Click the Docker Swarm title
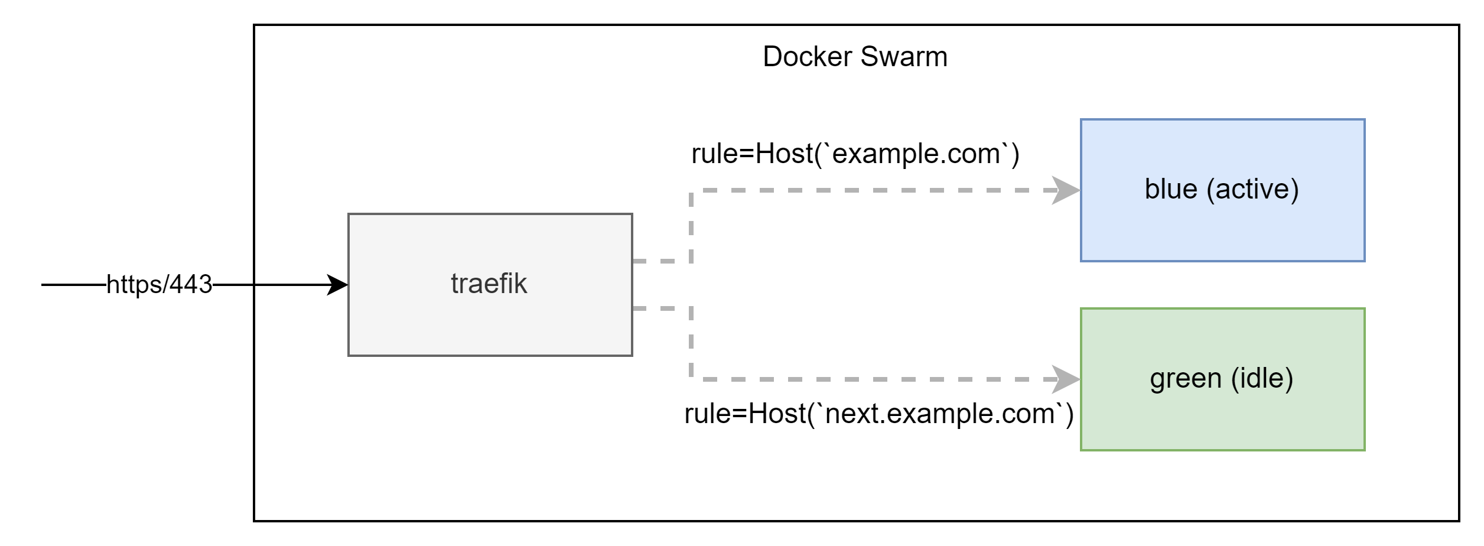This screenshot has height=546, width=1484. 855,57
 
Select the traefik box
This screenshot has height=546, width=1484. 490,284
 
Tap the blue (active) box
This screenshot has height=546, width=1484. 1222,190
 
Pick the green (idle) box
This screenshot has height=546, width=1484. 1222,379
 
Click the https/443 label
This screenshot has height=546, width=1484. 159,284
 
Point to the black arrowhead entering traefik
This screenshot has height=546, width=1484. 338,285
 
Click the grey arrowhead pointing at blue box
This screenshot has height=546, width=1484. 1066,190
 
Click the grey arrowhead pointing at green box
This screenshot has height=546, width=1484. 1066,379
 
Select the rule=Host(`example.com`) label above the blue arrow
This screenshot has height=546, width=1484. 855,154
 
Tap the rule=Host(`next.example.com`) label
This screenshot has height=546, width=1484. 878,414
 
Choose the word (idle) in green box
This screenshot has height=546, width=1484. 1262,379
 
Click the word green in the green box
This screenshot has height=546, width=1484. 1185,379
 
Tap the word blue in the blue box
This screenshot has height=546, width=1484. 1170,190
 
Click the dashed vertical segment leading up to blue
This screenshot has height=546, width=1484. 691,225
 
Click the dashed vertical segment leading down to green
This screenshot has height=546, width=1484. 691,343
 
